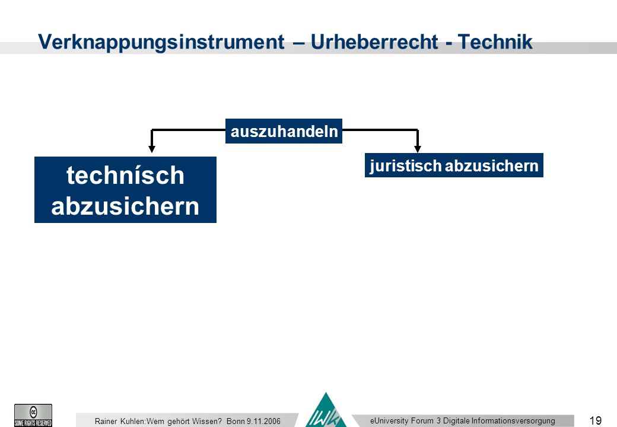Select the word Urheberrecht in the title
tap(374, 42)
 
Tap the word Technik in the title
tap(495, 42)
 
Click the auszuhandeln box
tap(284, 131)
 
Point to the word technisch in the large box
tap(125, 175)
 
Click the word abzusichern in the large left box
tap(125, 206)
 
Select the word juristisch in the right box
tap(406, 165)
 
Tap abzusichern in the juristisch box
tap(491, 165)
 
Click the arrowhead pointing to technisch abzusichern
tap(152, 149)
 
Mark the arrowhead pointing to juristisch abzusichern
tap(418, 149)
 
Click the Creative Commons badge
tap(33, 415)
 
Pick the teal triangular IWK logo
tap(326, 410)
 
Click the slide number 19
tap(596, 420)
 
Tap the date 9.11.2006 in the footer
tap(263, 421)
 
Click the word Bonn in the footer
tap(236, 421)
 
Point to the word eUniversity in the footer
tap(389, 420)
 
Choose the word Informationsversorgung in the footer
tap(513, 420)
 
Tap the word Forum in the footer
tap(422, 420)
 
